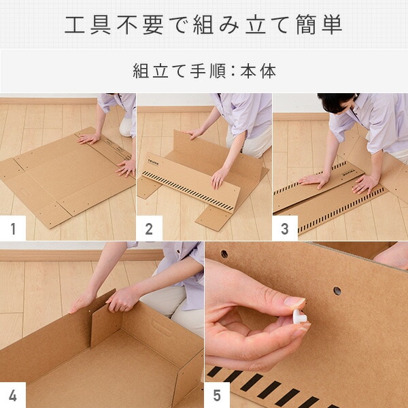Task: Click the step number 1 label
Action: [13, 229]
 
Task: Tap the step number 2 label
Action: [149, 229]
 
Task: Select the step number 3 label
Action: [285, 229]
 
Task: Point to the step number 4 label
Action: [13, 396]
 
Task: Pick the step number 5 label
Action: [217, 396]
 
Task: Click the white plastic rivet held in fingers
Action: [299, 316]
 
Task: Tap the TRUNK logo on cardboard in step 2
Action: [153, 162]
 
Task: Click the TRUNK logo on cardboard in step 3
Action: [348, 172]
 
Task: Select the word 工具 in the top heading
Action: [88, 25]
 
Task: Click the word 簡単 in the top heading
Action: [319, 25]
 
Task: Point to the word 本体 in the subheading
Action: [258, 71]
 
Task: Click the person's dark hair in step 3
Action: [336, 101]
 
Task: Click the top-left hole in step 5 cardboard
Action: [224, 254]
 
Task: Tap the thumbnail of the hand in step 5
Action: [294, 301]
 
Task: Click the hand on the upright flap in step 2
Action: [193, 134]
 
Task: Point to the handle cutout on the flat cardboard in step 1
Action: [25, 192]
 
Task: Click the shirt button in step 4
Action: [179, 252]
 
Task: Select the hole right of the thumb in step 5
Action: [337, 290]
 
